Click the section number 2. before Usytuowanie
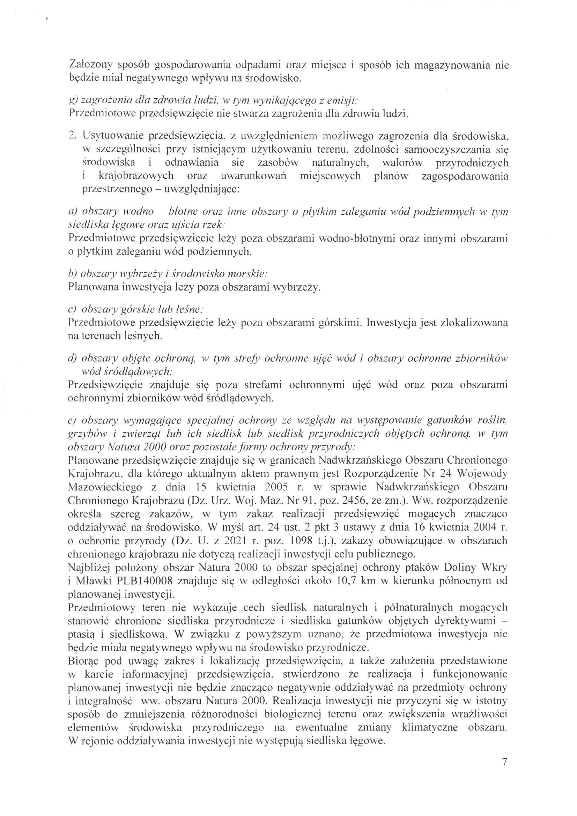[x=73, y=135]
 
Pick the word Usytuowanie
[x=113, y=135]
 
